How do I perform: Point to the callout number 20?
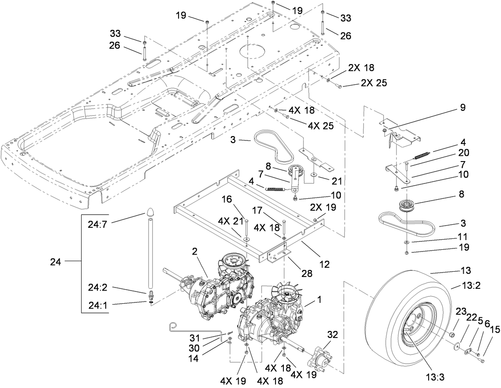click(x=463, y=153)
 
